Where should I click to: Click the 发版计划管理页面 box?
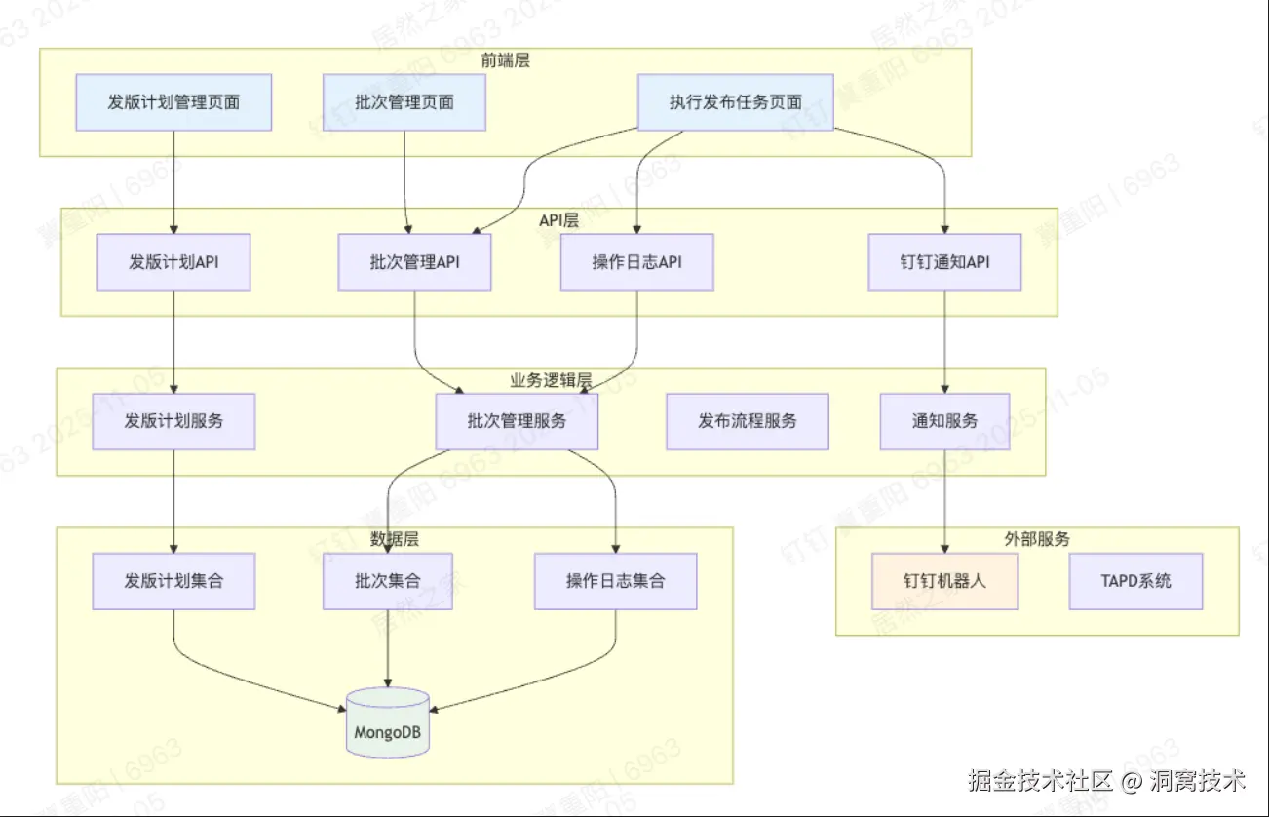click(173, 102)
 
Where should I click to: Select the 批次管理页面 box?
click(404, 102)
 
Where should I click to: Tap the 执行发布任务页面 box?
click(735, 102)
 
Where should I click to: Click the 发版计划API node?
click(173, 262)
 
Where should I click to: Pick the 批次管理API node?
click(414, 262)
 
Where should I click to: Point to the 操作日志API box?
click(636, 262)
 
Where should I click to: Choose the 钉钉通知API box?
click(944, 262)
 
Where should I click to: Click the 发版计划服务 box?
click(173, 421)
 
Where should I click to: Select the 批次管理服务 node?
click(517, 421)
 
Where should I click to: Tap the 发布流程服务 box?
click(748, 421)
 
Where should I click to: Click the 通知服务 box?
click(944, 421)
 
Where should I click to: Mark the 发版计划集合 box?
click(173, 581)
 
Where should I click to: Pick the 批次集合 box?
click(388, 581)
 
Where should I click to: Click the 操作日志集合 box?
click(615, 581)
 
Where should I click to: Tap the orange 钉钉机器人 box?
click(944, 581)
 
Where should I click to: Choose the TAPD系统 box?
click(1135, 581)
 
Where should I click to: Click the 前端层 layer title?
click(505, 60)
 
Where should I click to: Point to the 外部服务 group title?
click(1037, 539)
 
